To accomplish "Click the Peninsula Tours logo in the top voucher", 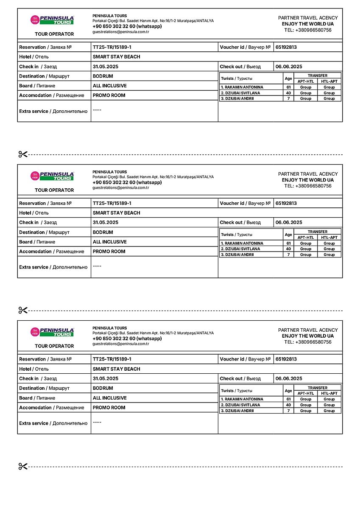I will tap(52, 20).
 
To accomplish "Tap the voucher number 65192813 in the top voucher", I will tap(286, 47).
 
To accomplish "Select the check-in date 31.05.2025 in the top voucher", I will tap(105, 67).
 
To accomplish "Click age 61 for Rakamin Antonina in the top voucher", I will tap(288, 87).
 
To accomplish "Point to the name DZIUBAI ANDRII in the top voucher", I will tap(237, 98).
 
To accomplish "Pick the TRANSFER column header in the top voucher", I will tap(318, 76).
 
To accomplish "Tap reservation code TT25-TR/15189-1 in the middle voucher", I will tap(112, 203).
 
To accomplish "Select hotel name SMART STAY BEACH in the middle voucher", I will tap(116, 213).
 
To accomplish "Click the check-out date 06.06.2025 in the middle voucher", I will tap(289, 222).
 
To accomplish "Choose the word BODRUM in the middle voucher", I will tap(103, 232).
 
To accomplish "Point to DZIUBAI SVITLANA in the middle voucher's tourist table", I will tap(240, 249).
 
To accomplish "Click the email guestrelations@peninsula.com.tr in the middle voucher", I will tap(121, 187).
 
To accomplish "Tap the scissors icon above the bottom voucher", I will tap(23, 310).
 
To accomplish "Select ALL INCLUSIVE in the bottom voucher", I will tap(110, 398).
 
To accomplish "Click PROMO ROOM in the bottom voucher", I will tap(109, 408).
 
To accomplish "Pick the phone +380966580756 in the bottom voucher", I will tap(313, 342).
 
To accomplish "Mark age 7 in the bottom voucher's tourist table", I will tap(288, 411).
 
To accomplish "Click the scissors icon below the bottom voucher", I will tap(23, 467).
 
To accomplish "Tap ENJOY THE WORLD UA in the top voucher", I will tap(308, 24).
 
